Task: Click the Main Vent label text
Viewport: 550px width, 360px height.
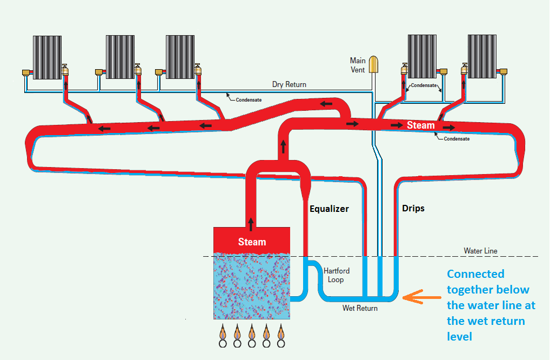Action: [358, 65]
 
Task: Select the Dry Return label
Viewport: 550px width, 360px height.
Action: [289, 84]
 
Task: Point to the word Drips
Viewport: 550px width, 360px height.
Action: [413, 208]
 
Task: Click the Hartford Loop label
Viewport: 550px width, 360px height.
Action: [336, 275]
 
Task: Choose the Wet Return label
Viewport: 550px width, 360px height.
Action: [360, 308]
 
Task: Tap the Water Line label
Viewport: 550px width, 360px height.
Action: [480, 251]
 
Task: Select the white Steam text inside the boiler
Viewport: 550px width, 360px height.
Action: [252, 242]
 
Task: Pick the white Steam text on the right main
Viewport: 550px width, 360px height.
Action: [420, 125]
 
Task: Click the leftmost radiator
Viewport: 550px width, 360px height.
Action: [47, 57]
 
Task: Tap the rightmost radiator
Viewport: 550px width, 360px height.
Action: [482, 56]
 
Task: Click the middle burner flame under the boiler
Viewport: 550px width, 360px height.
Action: [252, 330]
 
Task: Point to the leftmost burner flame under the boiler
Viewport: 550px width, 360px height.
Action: [223, 330]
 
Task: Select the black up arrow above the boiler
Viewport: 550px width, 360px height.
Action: [251, 222]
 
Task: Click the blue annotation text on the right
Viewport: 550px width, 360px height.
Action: [491, 305]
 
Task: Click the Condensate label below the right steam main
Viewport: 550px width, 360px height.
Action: [456, 139]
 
